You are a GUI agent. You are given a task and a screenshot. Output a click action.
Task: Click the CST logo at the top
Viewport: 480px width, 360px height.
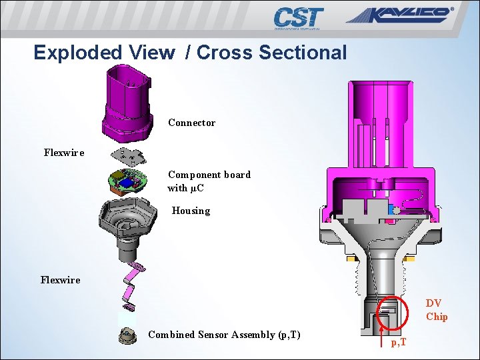point(298,18)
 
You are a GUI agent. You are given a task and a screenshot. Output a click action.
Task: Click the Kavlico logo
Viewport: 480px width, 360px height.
point(399,16)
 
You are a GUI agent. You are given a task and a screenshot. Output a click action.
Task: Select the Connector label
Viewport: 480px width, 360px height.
point(191,123)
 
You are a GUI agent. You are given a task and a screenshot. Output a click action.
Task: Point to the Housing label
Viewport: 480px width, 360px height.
point(191,211)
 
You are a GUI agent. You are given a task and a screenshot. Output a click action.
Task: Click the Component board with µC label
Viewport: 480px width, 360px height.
point(209,181)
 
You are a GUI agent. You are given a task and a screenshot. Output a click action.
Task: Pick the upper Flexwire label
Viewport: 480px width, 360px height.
point(64,153)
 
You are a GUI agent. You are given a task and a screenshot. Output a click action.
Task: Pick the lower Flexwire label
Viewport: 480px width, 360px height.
point(60,280)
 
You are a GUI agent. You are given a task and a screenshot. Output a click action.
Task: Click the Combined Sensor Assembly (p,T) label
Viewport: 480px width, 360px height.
point(224,335)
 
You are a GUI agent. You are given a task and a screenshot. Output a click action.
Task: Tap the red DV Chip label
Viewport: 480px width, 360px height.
point(437,310)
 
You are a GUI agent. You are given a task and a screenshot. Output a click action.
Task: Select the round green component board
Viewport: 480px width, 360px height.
point(127,181)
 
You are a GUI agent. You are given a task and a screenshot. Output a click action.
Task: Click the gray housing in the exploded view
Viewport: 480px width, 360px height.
point(127,227)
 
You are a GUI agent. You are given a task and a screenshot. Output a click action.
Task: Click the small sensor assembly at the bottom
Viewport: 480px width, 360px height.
point(127,335)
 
